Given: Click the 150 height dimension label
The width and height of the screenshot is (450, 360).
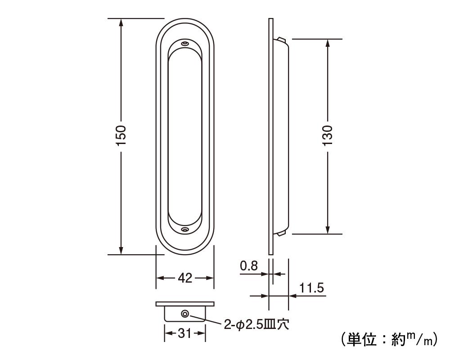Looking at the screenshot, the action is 121,135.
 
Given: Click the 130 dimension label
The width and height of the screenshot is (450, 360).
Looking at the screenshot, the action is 328,135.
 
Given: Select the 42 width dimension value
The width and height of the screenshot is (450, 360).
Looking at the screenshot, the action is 185,278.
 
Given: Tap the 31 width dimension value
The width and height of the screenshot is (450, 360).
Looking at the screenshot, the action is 184,333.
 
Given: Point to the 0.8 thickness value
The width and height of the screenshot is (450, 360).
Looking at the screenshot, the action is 249,266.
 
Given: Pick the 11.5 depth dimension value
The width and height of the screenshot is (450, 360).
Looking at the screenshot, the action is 312,288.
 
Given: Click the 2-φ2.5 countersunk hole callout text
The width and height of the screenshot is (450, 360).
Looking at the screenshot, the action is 256,325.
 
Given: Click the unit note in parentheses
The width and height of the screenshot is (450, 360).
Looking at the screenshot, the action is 389,339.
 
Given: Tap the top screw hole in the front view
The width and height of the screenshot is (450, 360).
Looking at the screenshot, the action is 185,44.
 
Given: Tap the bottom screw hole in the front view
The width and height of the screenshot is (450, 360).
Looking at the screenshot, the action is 185,229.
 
